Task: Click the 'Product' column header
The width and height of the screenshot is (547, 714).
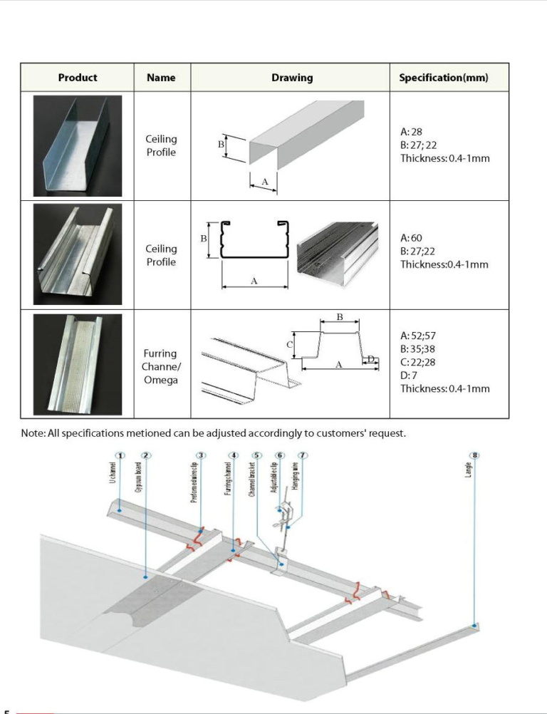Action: [x=78, y=77]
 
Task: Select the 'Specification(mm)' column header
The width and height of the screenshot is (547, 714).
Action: [x=443, y=77]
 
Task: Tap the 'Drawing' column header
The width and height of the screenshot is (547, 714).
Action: [x=291, y=77]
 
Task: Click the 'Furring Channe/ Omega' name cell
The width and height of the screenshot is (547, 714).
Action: [x=161, y=366]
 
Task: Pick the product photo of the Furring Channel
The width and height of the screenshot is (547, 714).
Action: [x=78, y=364]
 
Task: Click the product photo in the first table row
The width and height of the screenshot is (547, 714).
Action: [x=78, y=145]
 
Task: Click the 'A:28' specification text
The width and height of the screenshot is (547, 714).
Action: [x=412, y=133]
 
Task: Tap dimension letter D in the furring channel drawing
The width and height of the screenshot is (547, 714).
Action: [x=370, y=358]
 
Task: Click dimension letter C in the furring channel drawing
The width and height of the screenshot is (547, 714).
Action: [x=290, y=343]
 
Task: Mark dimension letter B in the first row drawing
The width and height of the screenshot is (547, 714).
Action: [x=221, y=144]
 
